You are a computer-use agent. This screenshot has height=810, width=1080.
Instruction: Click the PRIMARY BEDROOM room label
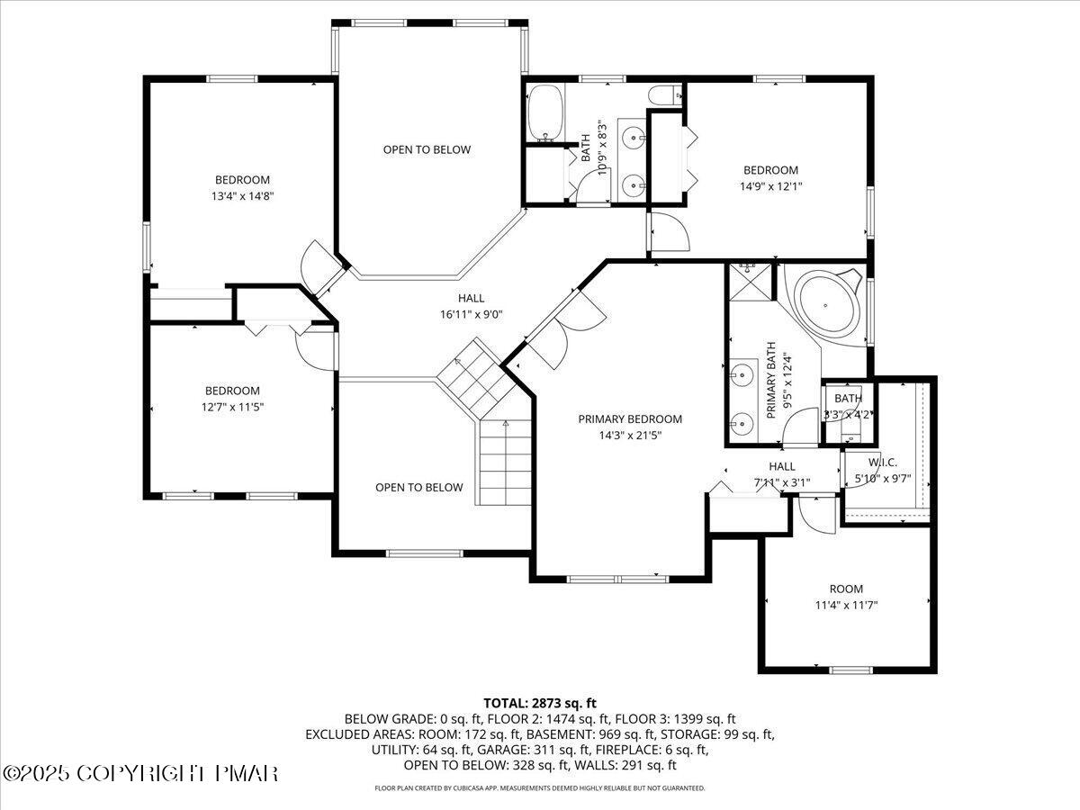coord(630,418)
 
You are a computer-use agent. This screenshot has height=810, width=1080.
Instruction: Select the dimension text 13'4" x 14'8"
coord(242,194)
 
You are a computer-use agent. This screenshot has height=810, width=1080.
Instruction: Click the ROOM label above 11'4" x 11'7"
coord(846,589)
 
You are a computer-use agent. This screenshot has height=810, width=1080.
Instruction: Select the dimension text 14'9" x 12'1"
coord(769,186)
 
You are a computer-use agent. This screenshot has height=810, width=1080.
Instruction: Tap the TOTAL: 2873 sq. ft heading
coord(540,703)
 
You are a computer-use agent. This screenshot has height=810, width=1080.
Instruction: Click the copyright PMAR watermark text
coord(141,773)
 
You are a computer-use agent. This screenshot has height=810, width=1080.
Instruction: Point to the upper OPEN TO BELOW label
coord(427,149)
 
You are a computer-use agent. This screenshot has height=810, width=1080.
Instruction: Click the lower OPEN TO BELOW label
coord(419,487)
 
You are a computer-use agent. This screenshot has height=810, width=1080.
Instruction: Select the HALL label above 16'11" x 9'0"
coord(471,298)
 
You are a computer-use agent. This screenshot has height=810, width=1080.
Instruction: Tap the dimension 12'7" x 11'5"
coord(232,406)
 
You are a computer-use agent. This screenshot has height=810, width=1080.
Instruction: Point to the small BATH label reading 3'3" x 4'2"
coord(848,399)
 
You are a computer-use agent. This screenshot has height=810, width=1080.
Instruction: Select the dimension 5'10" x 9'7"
coord(883,478)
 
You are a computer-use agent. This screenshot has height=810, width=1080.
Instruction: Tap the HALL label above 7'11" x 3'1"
coord(781,466)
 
